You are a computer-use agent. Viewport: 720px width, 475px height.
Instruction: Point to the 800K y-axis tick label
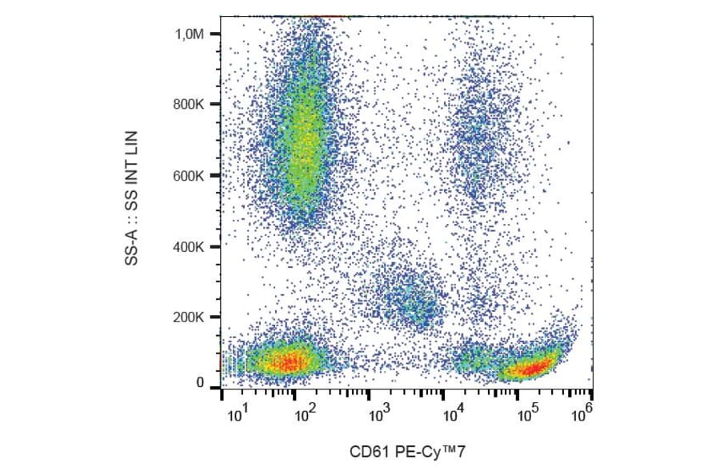(189, 105)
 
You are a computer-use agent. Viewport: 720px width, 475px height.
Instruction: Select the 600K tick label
(189, 176)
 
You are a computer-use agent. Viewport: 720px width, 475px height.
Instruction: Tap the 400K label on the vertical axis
(189, 247)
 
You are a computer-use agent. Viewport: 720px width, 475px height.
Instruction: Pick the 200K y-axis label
(189, 317)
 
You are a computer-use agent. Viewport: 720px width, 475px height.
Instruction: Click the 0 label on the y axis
(201, 383)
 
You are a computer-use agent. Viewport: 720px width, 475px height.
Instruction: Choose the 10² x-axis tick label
(305, 415)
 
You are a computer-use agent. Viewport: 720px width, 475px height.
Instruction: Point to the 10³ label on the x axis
(378, 415)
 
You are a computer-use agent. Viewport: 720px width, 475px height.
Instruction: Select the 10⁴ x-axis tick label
(453, 415)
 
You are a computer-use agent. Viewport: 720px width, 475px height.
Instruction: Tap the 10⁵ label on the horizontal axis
(526, 415)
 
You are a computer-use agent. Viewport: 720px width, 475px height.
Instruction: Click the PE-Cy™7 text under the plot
(428, 453)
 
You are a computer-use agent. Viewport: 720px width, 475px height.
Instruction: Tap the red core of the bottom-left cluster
(288, 361)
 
